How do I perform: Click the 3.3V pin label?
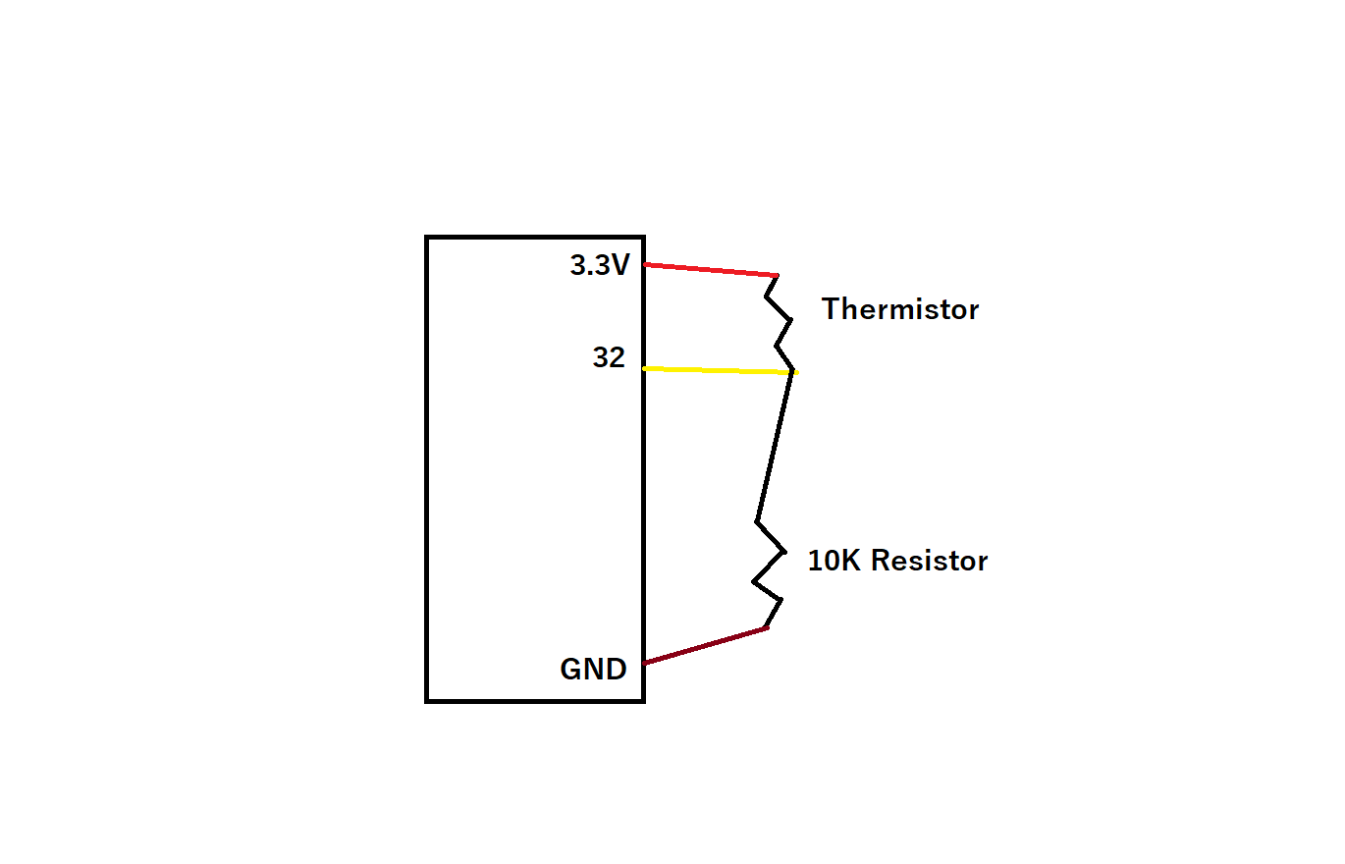coord(600,265)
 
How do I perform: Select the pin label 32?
coord(609,358)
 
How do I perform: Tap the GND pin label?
coord(593,670)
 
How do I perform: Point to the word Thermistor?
coord(900,309)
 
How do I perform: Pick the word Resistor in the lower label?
coord(929,561)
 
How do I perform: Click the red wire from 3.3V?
coord(711,269)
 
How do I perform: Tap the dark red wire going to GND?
coord(705,646)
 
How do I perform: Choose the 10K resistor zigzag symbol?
coord(770,574)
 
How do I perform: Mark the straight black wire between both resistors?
coord(775,447)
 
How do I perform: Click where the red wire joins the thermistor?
coord(778,275)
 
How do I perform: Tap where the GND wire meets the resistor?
coord(766,628)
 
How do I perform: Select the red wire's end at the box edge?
coord(646,264)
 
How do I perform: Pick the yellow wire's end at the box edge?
coord(645,368)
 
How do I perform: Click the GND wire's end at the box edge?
coord(645,664)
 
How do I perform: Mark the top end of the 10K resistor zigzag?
coord(758,521)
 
